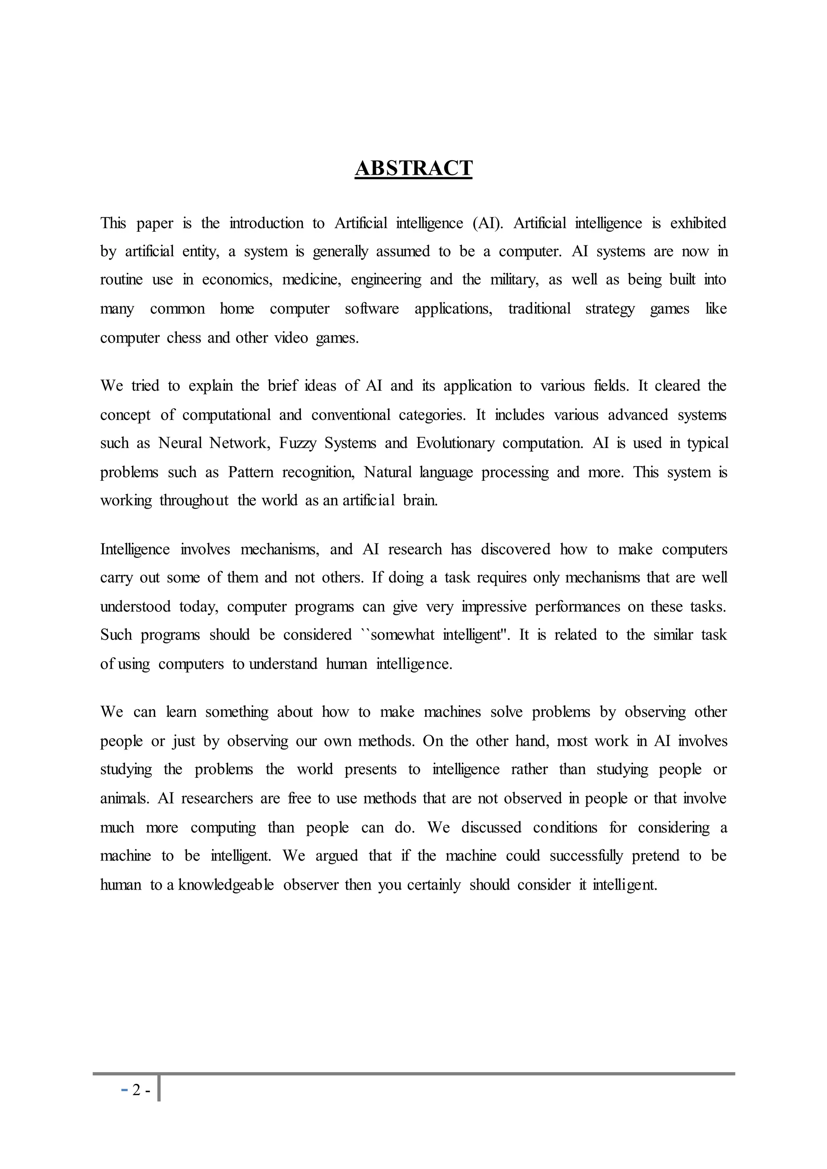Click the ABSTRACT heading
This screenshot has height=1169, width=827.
[x=413, y=168]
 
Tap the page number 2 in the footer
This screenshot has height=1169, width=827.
[x=136, y=1090]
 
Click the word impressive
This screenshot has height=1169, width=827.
[x=494, y=607]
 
